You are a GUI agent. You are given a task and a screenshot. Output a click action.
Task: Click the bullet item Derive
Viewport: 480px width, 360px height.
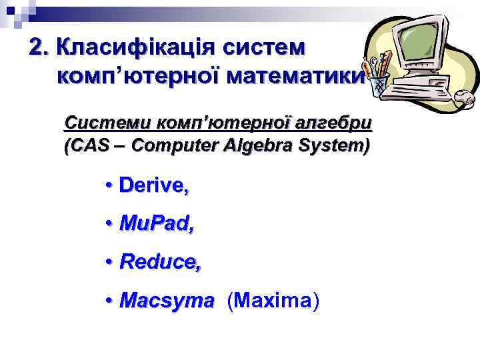pyautogui.click(x=153, y=187)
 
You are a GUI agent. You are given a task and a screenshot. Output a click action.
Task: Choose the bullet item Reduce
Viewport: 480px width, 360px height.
pyautogui.click(x=160, y=263)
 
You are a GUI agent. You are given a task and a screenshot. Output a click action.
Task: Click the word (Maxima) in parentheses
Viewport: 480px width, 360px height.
pyautogui.click(x=273, y=301)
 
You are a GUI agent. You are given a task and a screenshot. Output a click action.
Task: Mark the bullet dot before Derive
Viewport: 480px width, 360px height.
pyautogui.click(x=108, y=187)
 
